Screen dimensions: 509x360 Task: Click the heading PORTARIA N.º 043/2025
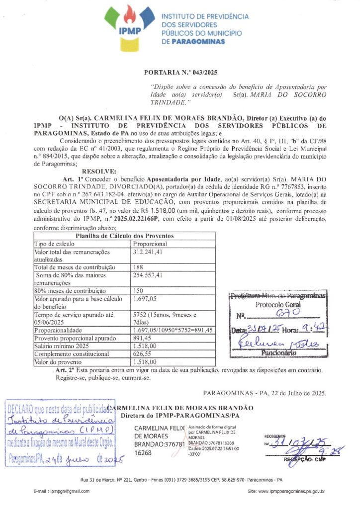pyautogui.click(x=180, y=73)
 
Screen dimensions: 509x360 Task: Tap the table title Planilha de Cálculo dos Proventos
pyautogui.click(x=124, y=236)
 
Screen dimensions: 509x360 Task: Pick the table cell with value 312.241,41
pyautogui.click(x=147, y=252)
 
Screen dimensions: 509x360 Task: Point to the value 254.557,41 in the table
pyautogui.click(x=149, y=275)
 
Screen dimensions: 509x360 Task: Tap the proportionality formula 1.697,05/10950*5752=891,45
pyautogui.click(x=173, y=330)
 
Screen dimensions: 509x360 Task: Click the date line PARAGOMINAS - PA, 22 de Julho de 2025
pyautogui.click(x=265, y=393)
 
